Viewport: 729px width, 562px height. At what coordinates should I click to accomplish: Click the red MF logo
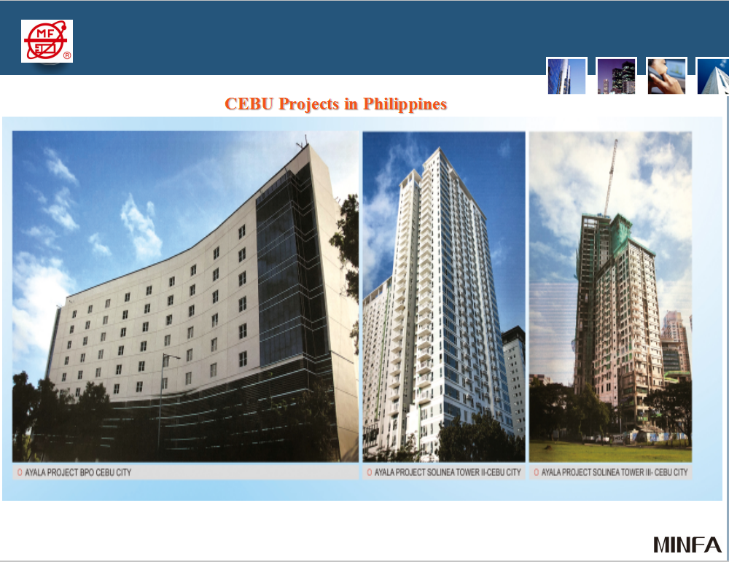(x=47, y=41)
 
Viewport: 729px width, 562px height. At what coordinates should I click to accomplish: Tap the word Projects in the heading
(x=309, y=104)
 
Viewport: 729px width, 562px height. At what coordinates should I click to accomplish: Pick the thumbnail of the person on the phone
(x=666, y=76)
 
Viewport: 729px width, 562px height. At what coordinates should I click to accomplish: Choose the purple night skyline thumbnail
(x=616, y=76)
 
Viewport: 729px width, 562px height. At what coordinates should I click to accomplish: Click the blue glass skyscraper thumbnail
(x=566, y=76)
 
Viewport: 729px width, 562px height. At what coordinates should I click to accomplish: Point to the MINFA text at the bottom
(x=687, y=544)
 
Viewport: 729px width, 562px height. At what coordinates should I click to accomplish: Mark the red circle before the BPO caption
(x=19, y=472)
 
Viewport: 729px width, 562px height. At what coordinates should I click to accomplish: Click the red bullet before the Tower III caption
(x=536, y=472)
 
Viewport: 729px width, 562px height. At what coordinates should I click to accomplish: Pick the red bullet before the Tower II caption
(x=370, y=472)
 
